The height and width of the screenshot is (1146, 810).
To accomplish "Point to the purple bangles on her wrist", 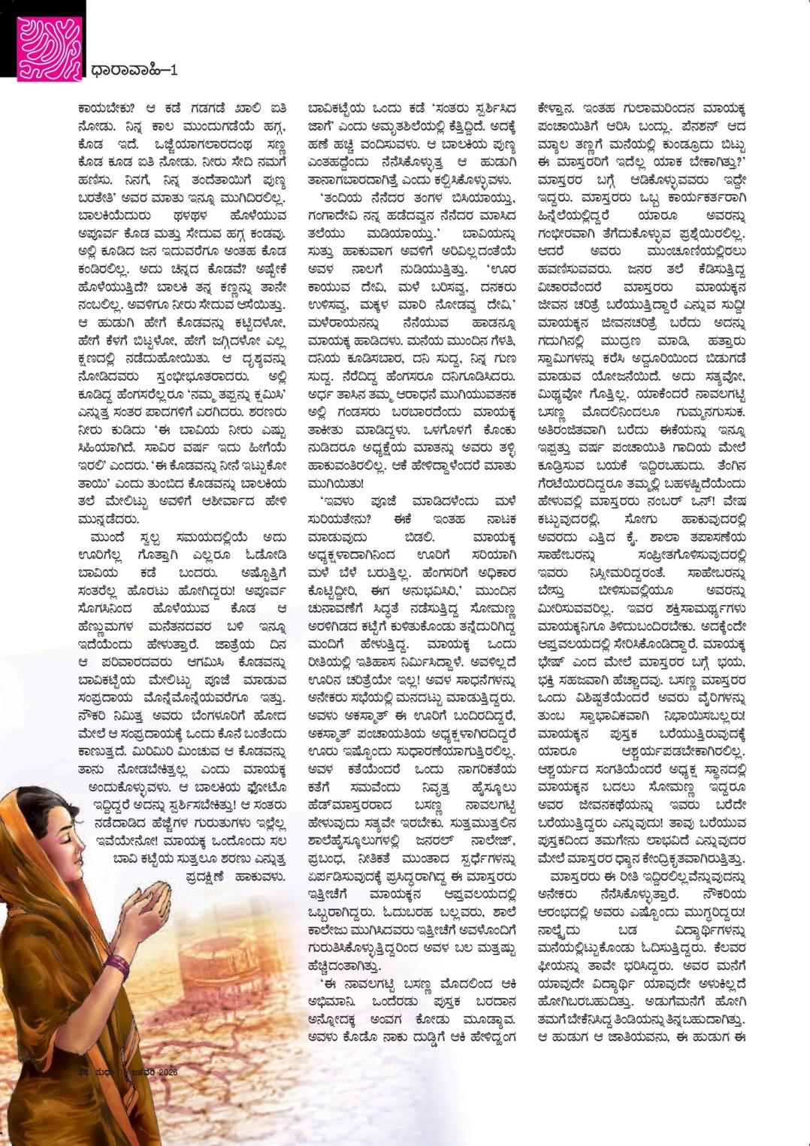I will point(118,963).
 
